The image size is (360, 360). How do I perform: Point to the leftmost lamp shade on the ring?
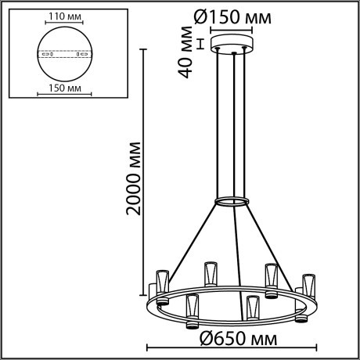pyautogui.click(x=163, y=280)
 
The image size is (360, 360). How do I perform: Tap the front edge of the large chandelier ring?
pyautogui.click(x=235, y=321)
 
